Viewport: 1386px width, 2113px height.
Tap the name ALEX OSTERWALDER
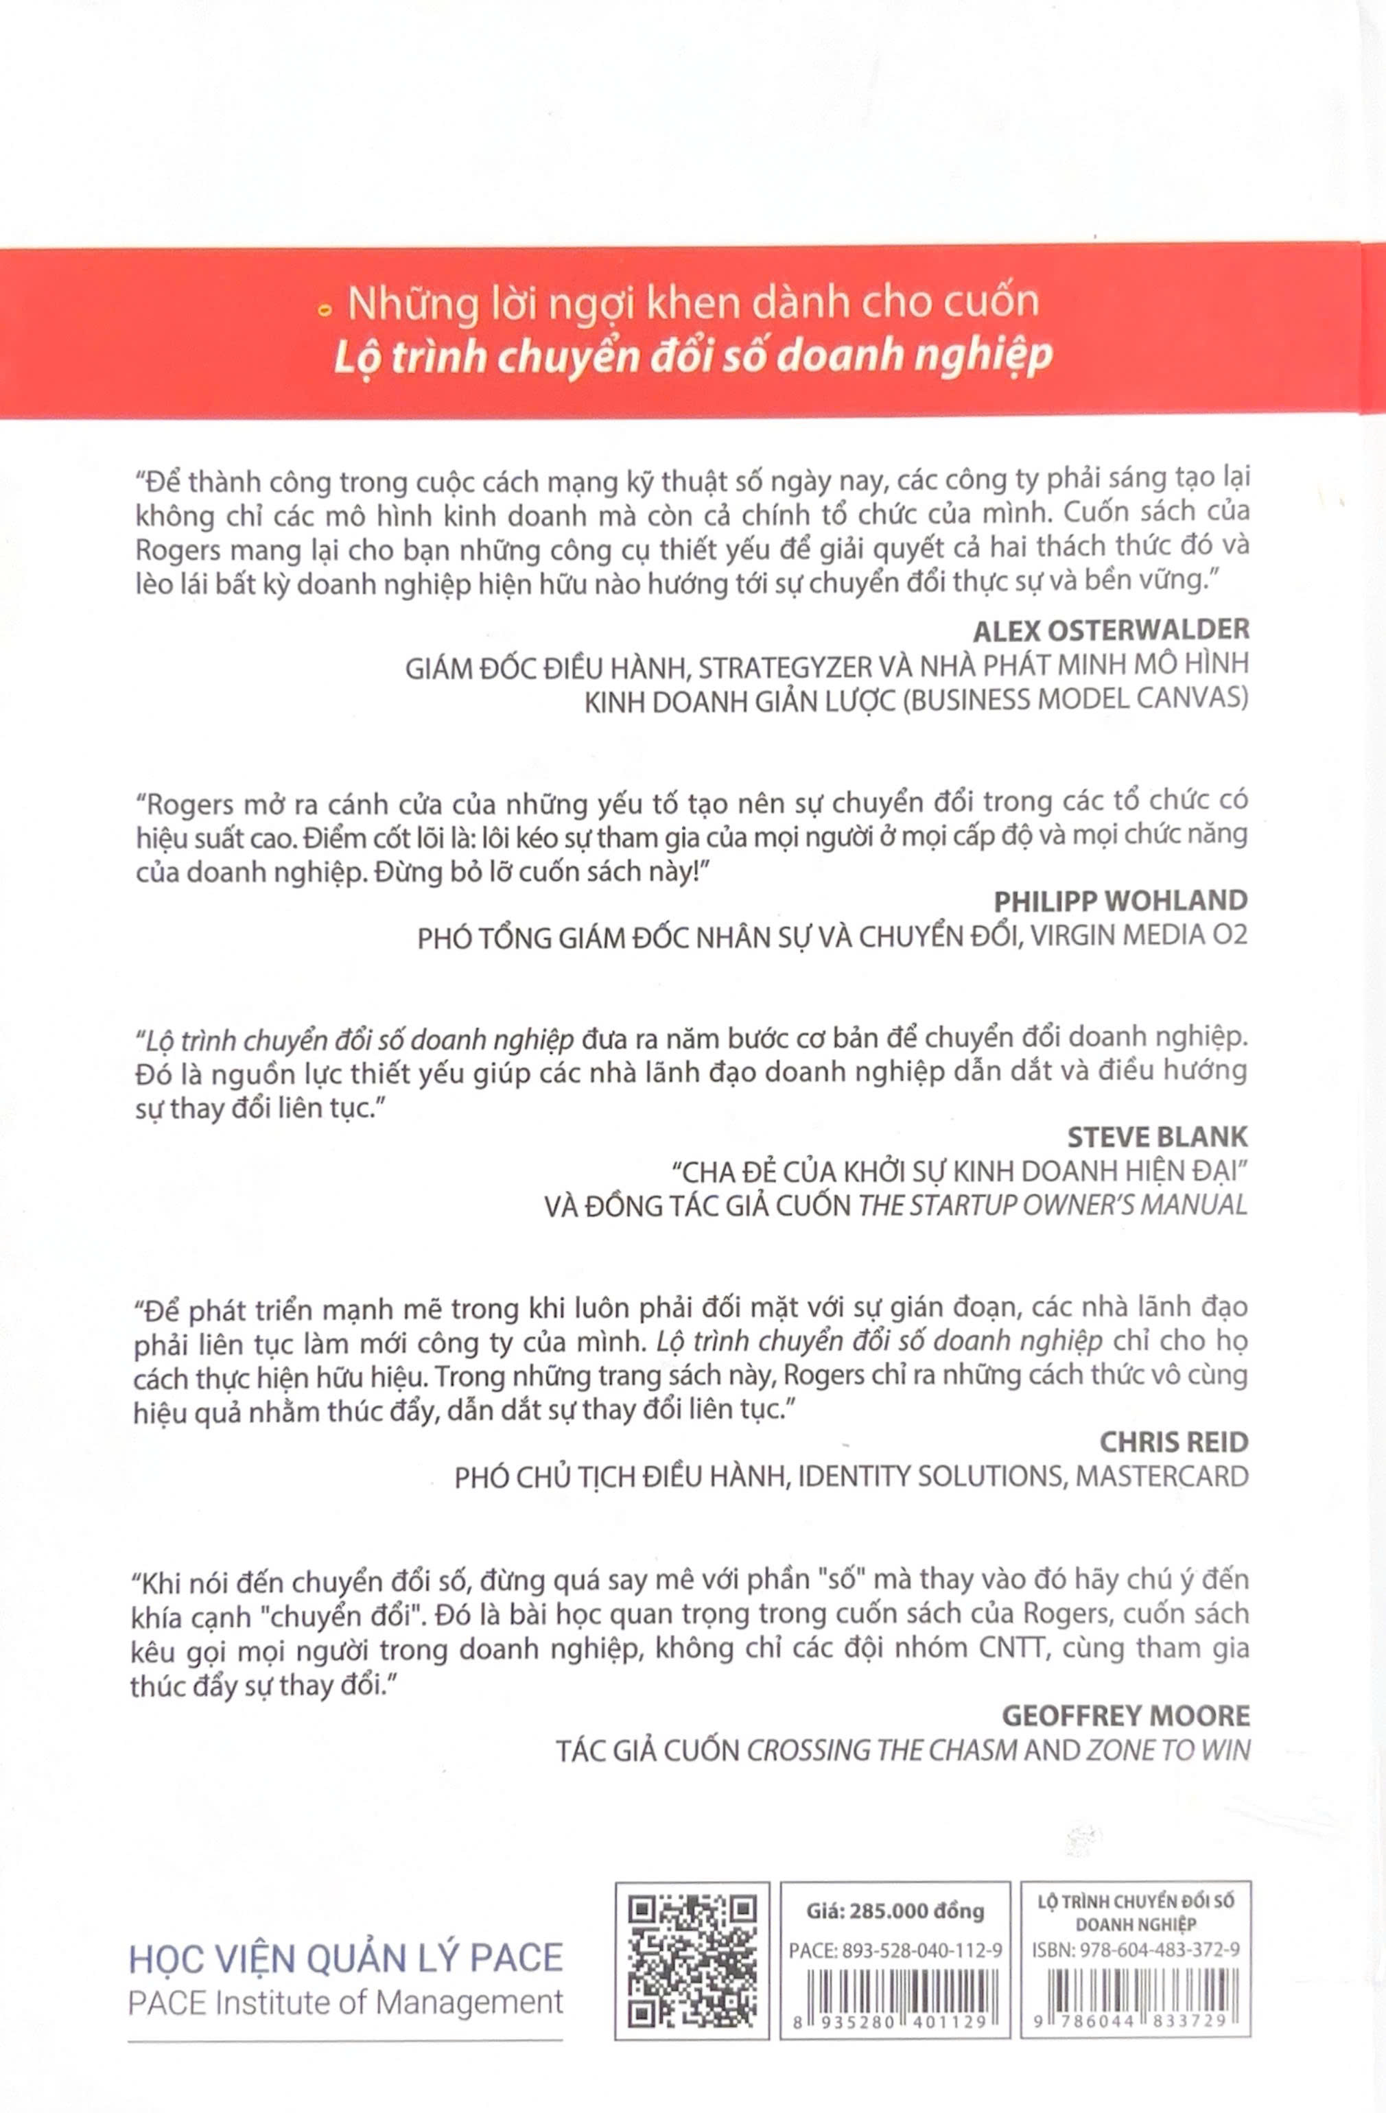point(1111,630)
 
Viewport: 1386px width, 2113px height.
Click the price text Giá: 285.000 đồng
point(895,1910)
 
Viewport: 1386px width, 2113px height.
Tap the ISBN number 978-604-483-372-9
point(1159,1950)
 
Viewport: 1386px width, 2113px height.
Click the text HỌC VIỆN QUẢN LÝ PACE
point(345,1958)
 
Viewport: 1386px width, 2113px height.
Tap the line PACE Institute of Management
point(345,2002)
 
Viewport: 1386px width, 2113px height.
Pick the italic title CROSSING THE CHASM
point(882,1750)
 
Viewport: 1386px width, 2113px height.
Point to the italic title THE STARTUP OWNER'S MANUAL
point(1053,1205)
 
